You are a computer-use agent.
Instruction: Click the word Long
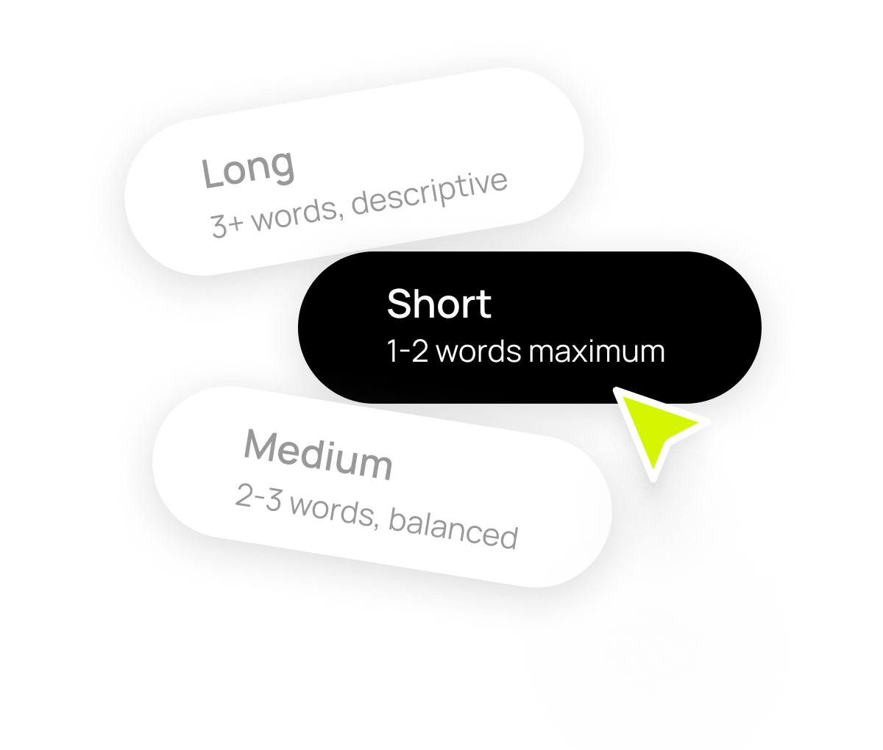click(x=248, y=168)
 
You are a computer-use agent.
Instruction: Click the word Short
click(x=439, y=304)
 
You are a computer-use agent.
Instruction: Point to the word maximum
click(x=597, y=351)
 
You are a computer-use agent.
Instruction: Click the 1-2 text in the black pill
click(x=407, y=351)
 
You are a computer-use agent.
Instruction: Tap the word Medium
click(x=319, y=455)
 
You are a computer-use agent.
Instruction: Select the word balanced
click(x=453, y=528)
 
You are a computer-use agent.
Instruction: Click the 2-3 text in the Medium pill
click(x=259, y=497)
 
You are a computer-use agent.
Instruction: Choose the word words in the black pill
click(x=478, y=351)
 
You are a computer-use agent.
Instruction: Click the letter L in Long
click(x=213, y=173)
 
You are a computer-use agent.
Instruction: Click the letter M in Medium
click(x=260, y=446)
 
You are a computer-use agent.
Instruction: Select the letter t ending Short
click(x=484, y=305)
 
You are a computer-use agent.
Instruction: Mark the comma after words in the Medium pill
click(x=376, y=524)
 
